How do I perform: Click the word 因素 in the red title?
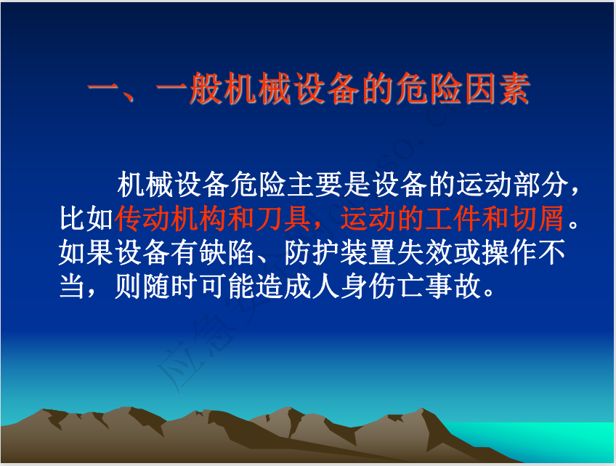[x=498, y=89]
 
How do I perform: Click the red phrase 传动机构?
[x=171, y=218]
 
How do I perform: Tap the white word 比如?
[x=86, y=218]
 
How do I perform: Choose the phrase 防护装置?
[x=340, y=252]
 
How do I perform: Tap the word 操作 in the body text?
[x=510, y=252]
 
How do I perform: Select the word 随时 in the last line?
[x=171, y=286]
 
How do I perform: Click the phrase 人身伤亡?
[x=368, y=286]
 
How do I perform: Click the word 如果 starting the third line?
[x=86, y=252]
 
